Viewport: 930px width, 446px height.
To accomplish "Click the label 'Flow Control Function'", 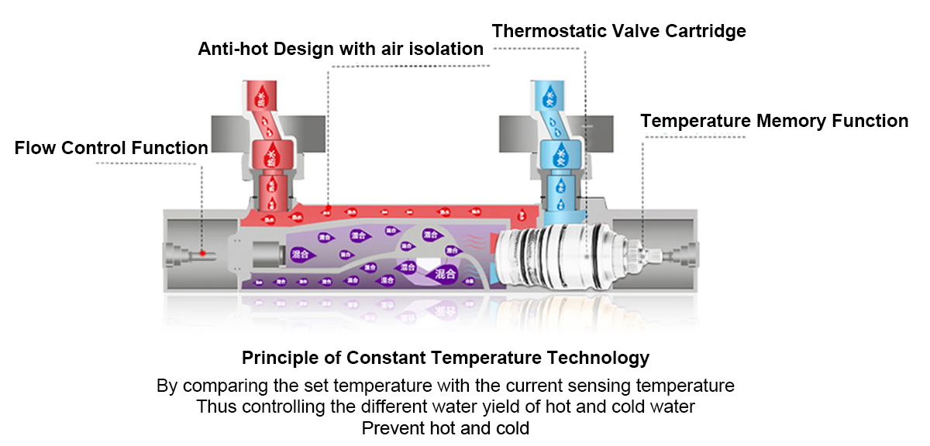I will [111, 147].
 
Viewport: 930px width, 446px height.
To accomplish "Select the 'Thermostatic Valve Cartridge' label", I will [618, 31].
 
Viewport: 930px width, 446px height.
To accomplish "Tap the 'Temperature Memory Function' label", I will [774, 121].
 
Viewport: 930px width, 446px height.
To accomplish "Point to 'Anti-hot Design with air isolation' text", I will [341, 50].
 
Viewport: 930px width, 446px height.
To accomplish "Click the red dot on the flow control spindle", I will [201, 252].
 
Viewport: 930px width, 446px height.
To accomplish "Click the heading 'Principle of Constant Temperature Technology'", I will [446, 358].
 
